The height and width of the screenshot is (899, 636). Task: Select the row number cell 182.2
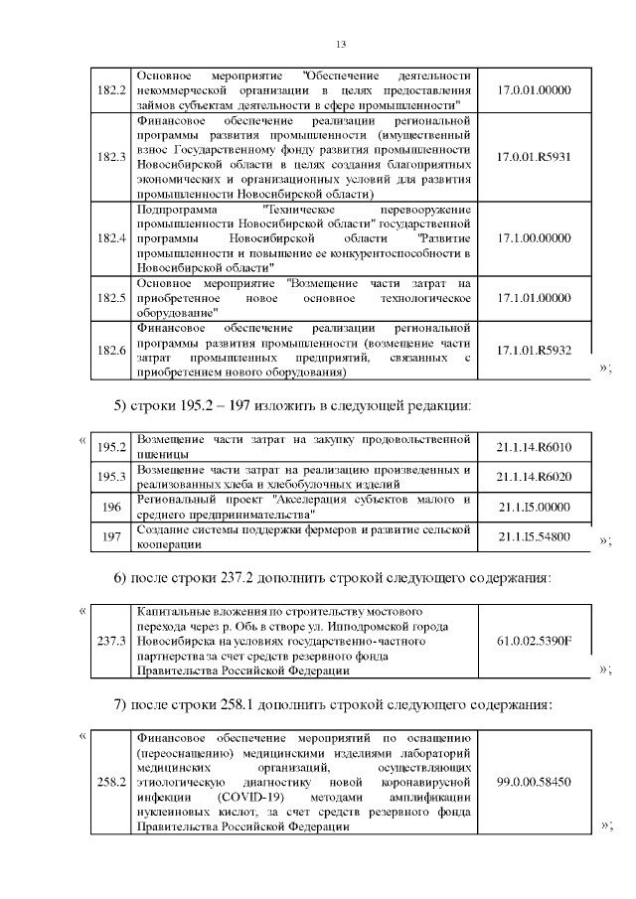click(110, 89)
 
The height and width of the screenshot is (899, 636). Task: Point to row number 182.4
click(110, 238)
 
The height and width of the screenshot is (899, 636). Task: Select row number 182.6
click(110, 351)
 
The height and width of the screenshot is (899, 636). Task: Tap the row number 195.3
click(110, 477)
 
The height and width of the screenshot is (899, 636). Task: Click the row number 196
click(110, 507)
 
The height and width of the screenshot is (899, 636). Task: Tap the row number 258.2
click(110, 783)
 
